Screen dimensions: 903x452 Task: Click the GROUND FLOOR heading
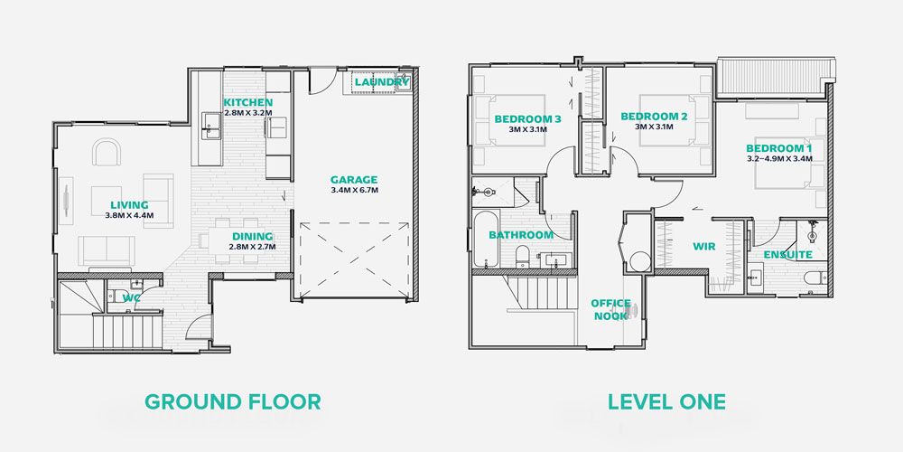coord(232,402)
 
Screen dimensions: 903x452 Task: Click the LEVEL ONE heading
coord(667,402)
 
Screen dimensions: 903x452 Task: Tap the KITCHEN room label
coord(248,103)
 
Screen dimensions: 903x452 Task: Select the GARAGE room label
coord(354,179)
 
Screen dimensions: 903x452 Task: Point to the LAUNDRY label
coord(382,82)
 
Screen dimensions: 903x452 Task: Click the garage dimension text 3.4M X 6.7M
coord(354,190)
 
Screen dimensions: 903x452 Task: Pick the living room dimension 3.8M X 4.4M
coord(129,215)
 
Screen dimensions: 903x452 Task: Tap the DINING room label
coord(252,236)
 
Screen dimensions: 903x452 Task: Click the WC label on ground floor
coord(132,298)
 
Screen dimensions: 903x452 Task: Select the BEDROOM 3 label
coord(527,119)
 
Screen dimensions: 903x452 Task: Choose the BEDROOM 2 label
coord(654,117)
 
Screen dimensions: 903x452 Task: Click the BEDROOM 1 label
coord(779,147)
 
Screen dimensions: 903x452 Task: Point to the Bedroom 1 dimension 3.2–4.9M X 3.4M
coord(779,158)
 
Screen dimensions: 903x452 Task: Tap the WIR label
coord(703,247)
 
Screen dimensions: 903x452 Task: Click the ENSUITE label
coord(787,254)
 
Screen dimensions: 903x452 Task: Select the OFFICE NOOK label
coord(610,309)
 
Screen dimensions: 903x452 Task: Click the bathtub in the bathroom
coord(486,240)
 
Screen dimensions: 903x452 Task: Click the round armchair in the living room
coord(107,152)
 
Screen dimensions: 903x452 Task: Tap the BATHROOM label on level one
coord(521,235)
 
